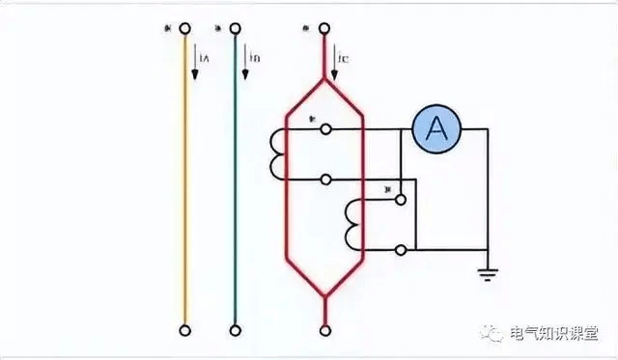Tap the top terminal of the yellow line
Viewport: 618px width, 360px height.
pyautogui.click(x=184, y=29)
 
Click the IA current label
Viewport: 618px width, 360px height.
pyautogui.click(x=204, y=60)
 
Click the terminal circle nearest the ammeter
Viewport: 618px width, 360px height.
pyautogui.click(x=326, y=129)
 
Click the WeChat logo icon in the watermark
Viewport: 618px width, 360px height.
pyautogui.click(x=493, y=332)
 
